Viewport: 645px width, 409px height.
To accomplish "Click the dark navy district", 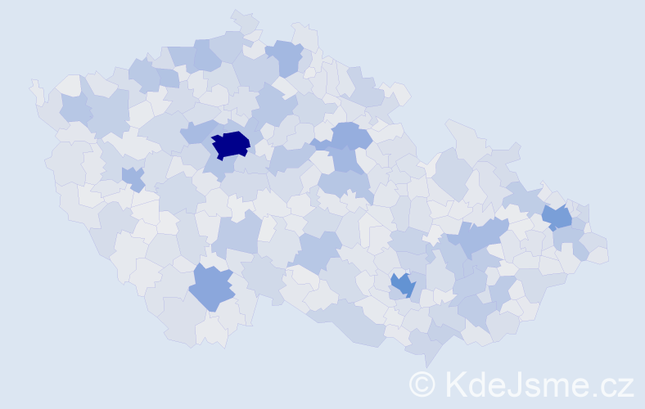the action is (231, 144).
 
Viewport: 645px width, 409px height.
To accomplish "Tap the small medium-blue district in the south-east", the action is (403, 285).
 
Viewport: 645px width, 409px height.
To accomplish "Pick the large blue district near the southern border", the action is (211, 286).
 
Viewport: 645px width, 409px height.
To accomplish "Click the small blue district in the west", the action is (132, 177).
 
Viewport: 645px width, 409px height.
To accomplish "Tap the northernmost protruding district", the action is (243, 17).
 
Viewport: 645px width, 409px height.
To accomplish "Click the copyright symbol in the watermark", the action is (423, 384).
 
